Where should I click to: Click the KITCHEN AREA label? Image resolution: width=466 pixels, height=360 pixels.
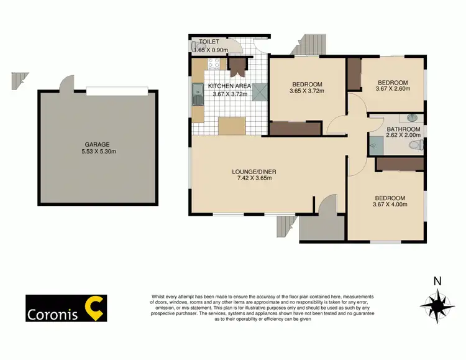pyautogui.click(x=230, y=86)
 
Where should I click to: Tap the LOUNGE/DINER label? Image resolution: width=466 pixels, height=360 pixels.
pyautogui.click(x=252, y=171)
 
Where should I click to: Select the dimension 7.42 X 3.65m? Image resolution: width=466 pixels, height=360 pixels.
pyautogui.click(x=252, y=178)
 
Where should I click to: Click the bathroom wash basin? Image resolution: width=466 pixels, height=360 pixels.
pyautogui.click(x=411, y=118)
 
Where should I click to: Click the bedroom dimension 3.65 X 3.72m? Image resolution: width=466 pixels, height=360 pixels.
pyautogui.click(x=306, y=92)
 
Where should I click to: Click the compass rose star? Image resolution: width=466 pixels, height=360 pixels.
pyautogui.click(x=437, y=305)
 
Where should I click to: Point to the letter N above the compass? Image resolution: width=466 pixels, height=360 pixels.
pyautogui.click(x=437, y=281)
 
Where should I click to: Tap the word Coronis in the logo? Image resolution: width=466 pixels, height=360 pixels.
pyautogui.click(x=52, y=314)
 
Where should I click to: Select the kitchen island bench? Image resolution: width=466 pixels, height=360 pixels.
pyautogui.click(x=231, y=126)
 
